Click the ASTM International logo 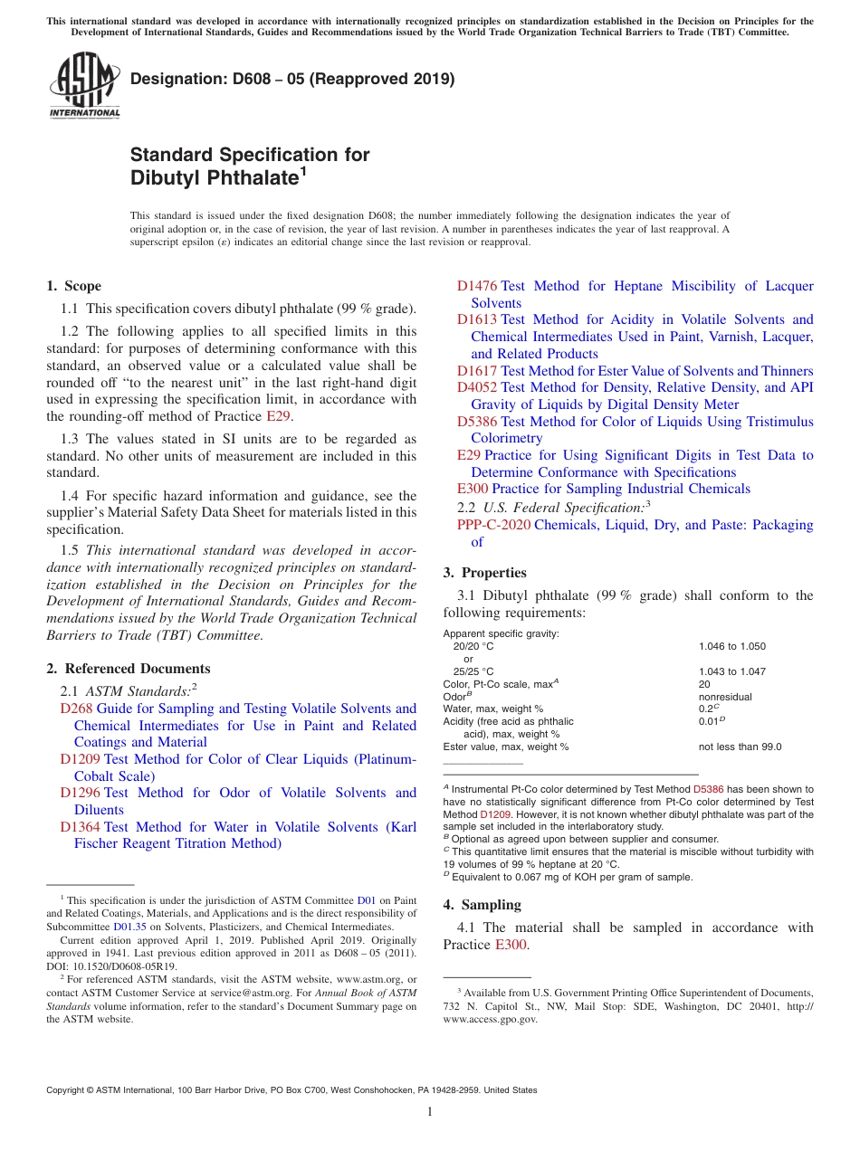[x=84, y=87]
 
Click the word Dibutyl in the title [x=167, y=178]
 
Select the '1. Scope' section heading [x=73, y=286]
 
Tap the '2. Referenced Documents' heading [x=128, y=669]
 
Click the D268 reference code [x=76, y=709]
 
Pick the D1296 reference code [x=81, y=793]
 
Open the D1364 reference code [x=81, y=827]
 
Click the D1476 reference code [x=477, y=286]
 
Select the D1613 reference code [x=477, y=319]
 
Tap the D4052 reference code [x=477, y=387]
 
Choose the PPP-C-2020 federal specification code [x=493, y=525]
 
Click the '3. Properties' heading [x=484, y=573]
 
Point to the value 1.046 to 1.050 [x=731, y=646]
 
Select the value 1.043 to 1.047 [x=731, y=671]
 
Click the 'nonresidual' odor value [x=725, y=697]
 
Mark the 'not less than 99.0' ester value [x=740, y=747]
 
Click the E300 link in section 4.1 [x=511, y=945]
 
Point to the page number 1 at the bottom [x=430, y=1112]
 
